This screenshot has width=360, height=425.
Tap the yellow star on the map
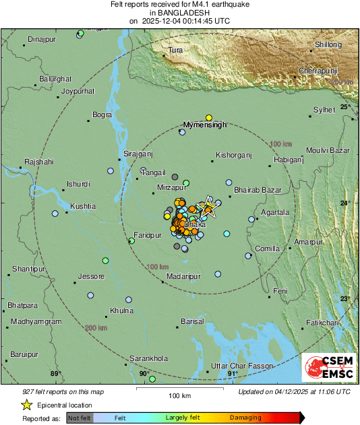(208, 206)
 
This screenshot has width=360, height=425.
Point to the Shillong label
(328, 45)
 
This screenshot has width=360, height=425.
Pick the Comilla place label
(267, 249)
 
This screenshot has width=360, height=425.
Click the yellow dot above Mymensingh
(209, 117)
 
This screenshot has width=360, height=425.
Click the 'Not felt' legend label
(80, 418)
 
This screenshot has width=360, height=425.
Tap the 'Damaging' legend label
(245, 418)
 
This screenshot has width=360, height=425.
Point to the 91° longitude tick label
(233, 373)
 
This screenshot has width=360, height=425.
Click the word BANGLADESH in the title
(180, 13)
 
